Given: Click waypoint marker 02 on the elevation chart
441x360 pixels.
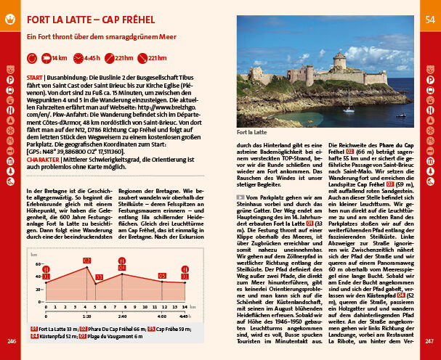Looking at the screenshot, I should click(87, 260).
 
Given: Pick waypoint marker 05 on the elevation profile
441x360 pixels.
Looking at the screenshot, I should click(162, 276).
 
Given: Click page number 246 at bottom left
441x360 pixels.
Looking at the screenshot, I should click(11, 341).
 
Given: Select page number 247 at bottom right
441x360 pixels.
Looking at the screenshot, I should click(429, 341).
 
